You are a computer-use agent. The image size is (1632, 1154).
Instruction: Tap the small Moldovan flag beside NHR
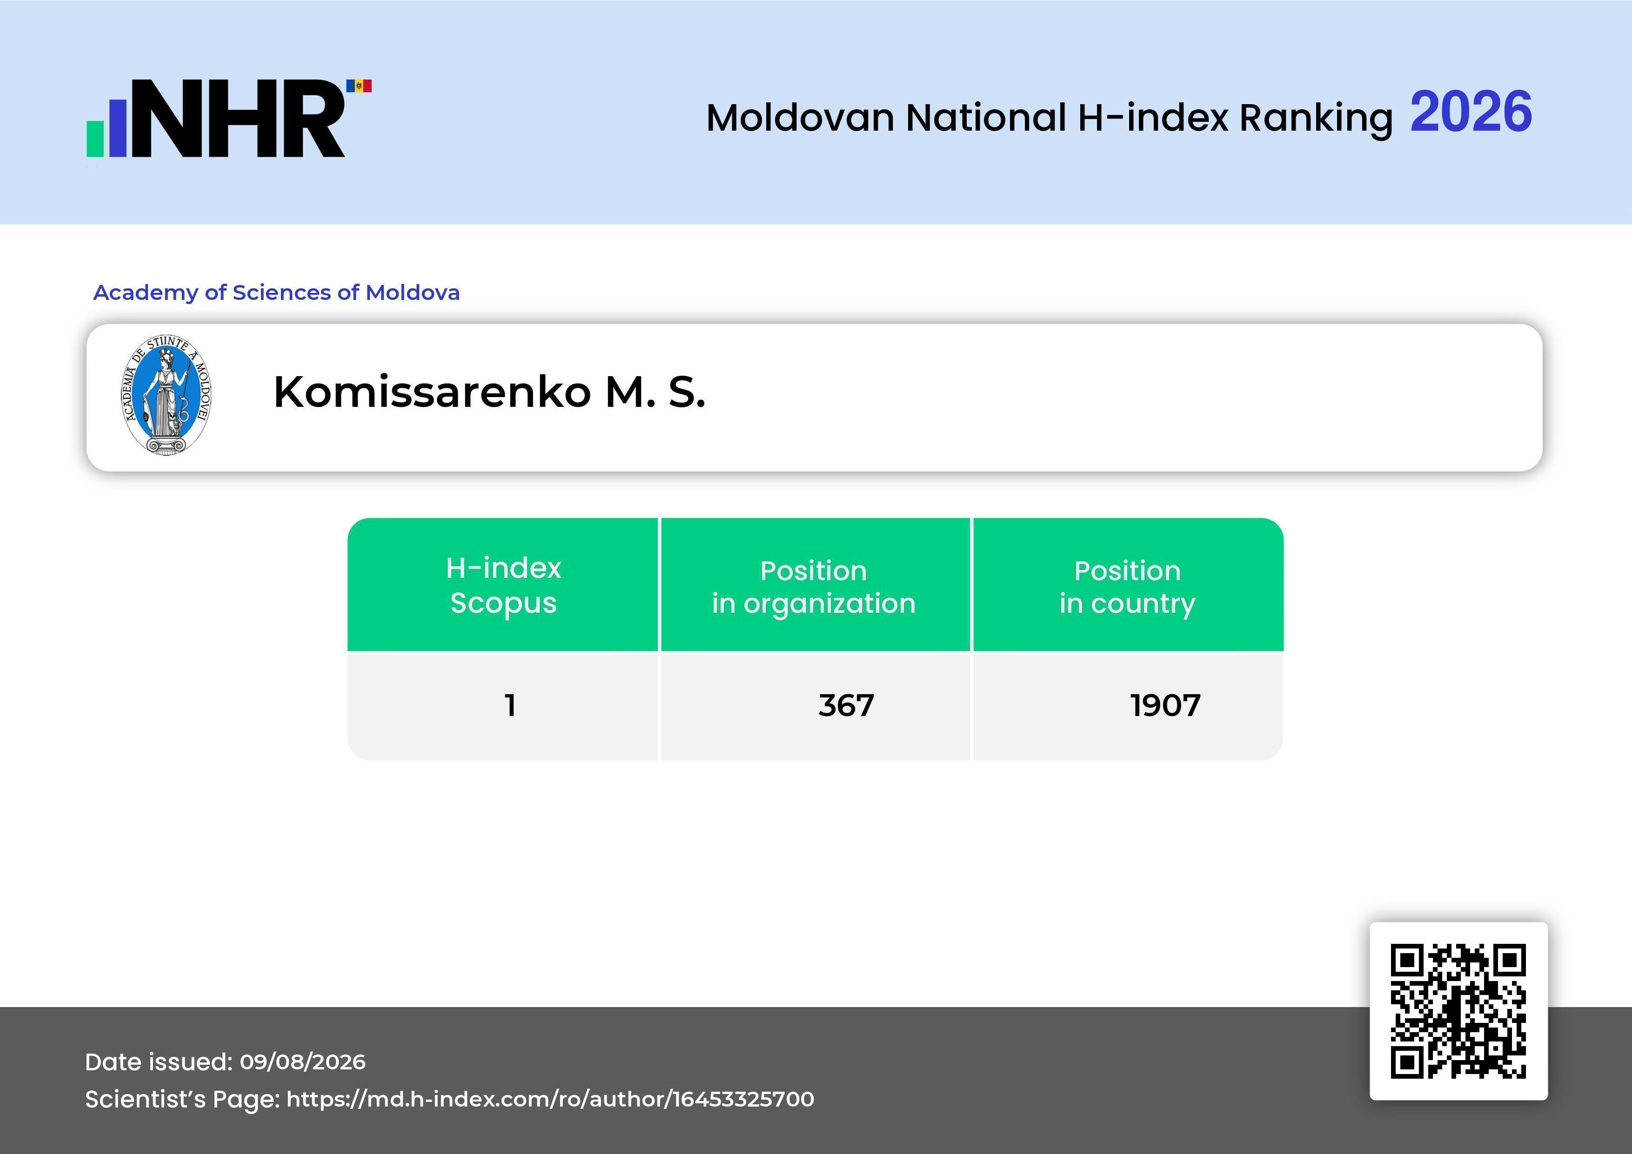point(359,86)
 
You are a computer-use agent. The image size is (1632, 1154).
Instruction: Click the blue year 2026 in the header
point(1471,112)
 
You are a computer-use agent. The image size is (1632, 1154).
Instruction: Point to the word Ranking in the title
point(1316,119)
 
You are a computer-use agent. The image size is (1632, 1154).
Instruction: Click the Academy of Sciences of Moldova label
point(276,292)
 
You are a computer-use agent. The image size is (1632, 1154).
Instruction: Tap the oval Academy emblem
point(167,395)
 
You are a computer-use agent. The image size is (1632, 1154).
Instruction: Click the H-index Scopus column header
point(503,585)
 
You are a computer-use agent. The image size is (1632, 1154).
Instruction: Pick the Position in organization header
point(814,587)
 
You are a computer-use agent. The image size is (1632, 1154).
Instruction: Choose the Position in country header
point(1127,587)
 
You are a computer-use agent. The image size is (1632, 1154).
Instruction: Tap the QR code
point(1458,1011)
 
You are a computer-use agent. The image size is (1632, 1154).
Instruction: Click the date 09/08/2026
point(303,1061)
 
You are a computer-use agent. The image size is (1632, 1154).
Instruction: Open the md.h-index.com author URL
point(550,1099)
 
